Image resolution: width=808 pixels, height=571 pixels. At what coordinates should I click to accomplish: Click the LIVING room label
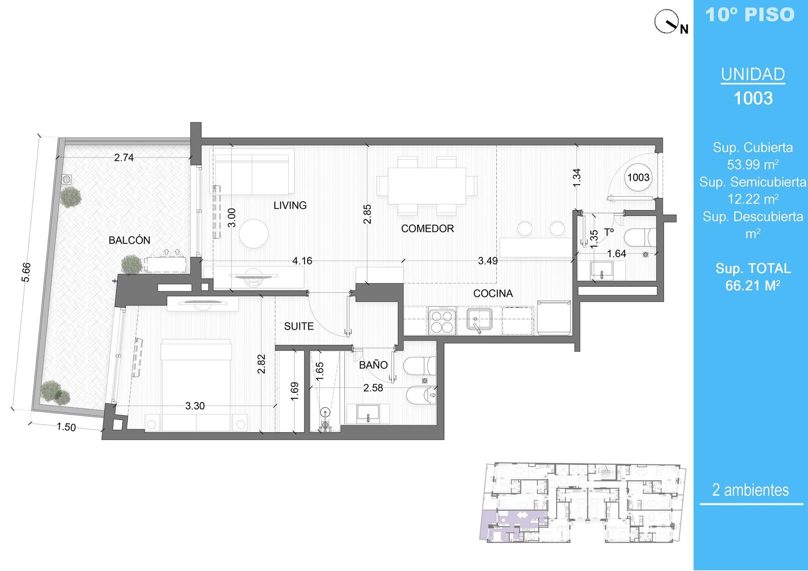[290, 205]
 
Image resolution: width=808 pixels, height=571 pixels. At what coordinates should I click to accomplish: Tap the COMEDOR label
[427, 228]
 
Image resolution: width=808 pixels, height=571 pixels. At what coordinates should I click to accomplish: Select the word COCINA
[493, 293]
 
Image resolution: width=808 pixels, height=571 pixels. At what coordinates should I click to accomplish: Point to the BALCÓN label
[129, 240]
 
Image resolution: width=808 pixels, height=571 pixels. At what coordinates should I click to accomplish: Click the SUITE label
[298, 326]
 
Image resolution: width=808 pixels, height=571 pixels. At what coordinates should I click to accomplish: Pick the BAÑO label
[373, 365]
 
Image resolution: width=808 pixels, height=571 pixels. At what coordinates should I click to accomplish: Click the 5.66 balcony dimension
[26, 272]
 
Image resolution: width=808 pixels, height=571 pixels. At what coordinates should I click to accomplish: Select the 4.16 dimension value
[302, 261]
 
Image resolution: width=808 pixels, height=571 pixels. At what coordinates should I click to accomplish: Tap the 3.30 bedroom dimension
[195, 406]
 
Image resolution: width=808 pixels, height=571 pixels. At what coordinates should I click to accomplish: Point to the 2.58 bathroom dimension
[373, 388]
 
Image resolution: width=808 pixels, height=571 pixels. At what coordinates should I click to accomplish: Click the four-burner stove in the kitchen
[442, 321]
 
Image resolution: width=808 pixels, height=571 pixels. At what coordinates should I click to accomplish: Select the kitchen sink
[479, 320]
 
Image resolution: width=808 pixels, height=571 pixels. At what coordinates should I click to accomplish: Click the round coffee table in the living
[254, 233]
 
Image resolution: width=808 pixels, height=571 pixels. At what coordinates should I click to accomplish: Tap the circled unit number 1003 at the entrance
[638, 178]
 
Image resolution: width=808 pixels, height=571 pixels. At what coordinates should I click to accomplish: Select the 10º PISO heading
[750, 15]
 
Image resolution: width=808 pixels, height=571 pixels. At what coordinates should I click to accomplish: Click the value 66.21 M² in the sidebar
[753, 285]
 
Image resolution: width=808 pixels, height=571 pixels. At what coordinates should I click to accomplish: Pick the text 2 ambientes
[750, 490]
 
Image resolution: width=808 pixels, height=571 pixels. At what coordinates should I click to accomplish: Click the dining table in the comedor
[427, 186]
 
